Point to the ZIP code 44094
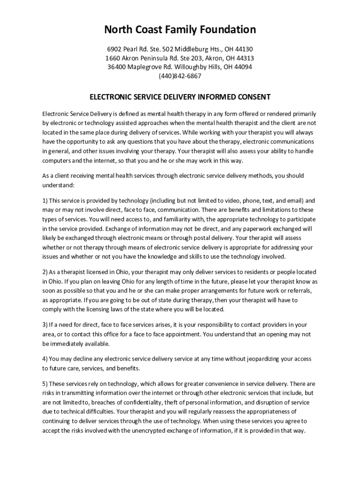click(243, 67)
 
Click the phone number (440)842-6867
click(180, 76)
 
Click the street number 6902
click(115, 49)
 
